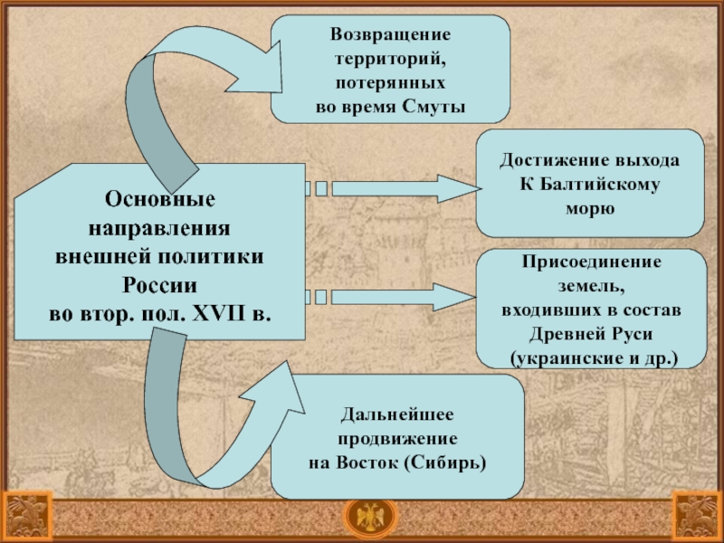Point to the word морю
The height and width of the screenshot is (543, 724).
click(x=590, y=208)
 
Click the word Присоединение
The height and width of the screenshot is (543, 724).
click(x=590, y=262)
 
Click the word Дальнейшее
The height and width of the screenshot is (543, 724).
click(x=396, y=414)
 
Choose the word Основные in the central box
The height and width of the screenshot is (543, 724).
click(x=159, y=197)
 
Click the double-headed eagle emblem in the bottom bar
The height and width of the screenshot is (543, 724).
click(x=361, y=518)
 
